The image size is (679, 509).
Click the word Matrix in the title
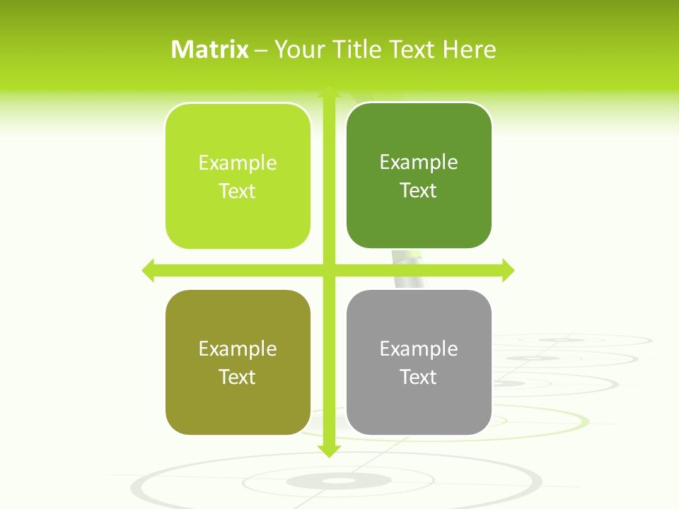tap(210, 49)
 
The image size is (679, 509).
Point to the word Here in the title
tap(469, 49)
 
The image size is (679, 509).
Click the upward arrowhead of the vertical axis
tap(329, 93)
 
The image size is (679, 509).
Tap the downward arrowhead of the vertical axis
tap(329, 450)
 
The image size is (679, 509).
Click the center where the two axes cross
tap(329, 270)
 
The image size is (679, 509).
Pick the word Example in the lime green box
tap(238, 163)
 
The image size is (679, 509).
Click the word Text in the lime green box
tap(238, 191)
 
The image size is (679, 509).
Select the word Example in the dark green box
tap(419, 162)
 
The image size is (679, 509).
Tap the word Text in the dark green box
tap(419, 190)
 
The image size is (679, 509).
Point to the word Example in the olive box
tap(238, 349)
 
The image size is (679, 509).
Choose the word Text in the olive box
tap(238, 377)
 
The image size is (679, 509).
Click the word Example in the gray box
tap(419, 349)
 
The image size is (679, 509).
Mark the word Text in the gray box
tap(419, 377)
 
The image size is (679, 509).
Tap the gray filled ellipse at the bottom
tap(339, 481)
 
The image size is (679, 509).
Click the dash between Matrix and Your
tap(261, 50)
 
